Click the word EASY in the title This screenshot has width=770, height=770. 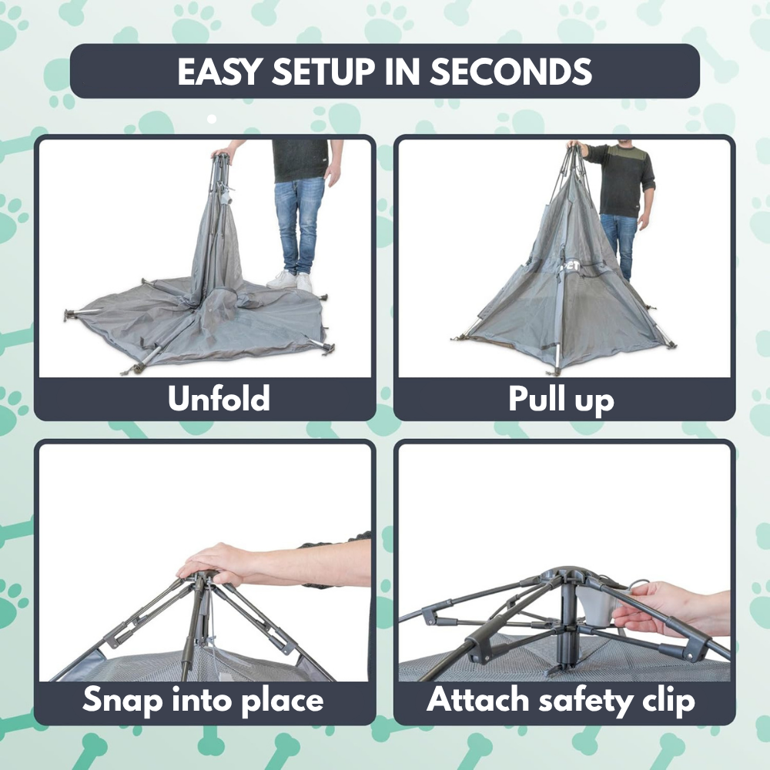(218, 72)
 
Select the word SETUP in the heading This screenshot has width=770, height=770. (323, 72)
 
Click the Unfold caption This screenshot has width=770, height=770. (219, 398)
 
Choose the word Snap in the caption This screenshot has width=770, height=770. (122, 701)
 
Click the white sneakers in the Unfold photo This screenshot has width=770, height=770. (290, 281)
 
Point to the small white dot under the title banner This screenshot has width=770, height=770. (212, 119)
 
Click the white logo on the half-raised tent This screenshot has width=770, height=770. (573, 266)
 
